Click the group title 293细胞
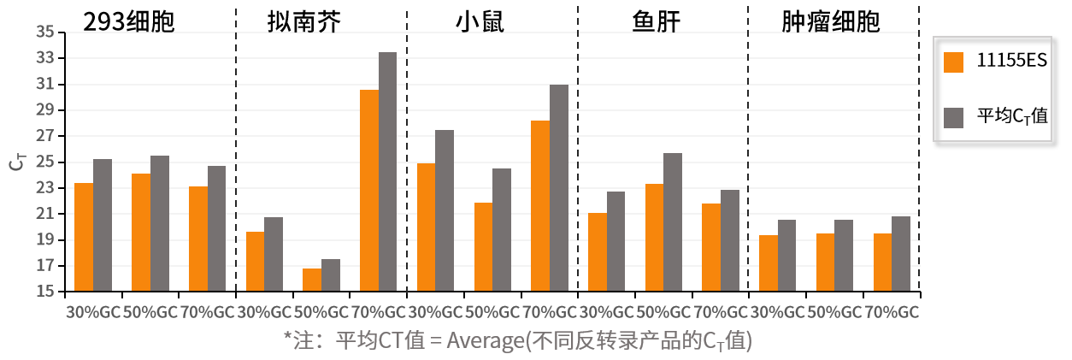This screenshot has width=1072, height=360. (128, 21)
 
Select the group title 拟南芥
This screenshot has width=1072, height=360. (304, 21)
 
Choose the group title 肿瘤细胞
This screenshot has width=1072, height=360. (830, 21)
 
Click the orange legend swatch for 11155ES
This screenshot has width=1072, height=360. (954, 62)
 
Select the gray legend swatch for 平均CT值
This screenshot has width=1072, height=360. (954, 118)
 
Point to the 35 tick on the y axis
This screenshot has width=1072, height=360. (45, 32)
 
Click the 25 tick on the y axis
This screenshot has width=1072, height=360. (45, 162)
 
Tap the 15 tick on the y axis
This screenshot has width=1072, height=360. (45, 292)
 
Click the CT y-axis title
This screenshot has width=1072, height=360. (16, 162)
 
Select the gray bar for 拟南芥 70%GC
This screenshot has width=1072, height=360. (387, 172)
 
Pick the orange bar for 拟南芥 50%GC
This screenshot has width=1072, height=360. (312, 280)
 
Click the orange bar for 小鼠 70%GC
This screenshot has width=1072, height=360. (540, 206)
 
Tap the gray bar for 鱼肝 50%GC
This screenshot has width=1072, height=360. (673, 222)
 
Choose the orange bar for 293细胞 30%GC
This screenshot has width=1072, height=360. (84, 237)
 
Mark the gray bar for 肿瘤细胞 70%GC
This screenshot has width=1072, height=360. (901, 254)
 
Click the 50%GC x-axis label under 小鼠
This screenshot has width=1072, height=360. (492, 312)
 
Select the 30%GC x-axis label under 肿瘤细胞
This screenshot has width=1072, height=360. (777, 312)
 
